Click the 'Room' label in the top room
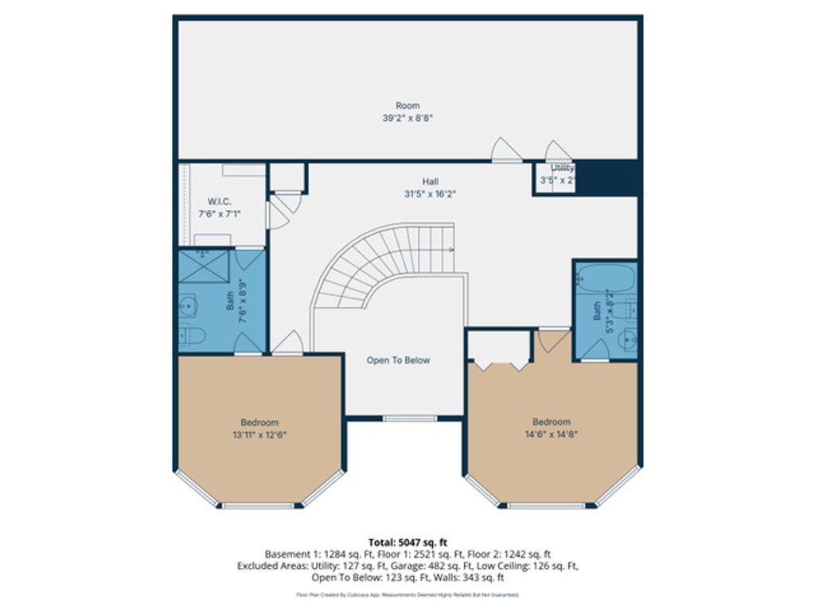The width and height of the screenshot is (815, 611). click(407, 105)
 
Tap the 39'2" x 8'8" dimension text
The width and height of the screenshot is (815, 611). click(407, 117)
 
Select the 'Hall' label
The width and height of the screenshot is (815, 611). click(430, 181)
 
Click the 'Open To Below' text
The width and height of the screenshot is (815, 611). click(398, 360)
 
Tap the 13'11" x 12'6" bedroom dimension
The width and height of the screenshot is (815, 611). click(259, 434)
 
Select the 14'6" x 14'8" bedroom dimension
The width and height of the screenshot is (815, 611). click(552, 434)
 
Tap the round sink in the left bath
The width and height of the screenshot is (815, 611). click(188, 304)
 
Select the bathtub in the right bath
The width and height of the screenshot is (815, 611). click(605, 278)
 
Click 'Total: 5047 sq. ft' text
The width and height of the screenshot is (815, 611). click(407, 543)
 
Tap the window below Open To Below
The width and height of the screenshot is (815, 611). click(409, 418)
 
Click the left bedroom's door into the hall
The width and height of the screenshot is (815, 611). click(287, 344)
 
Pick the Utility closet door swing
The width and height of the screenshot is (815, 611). click(558, 152)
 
